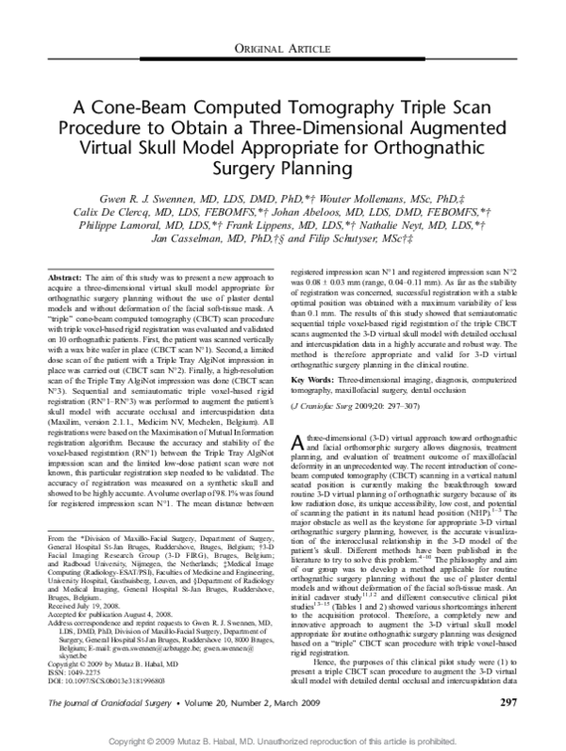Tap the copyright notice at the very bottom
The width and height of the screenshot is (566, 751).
(x=283, y=743)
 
